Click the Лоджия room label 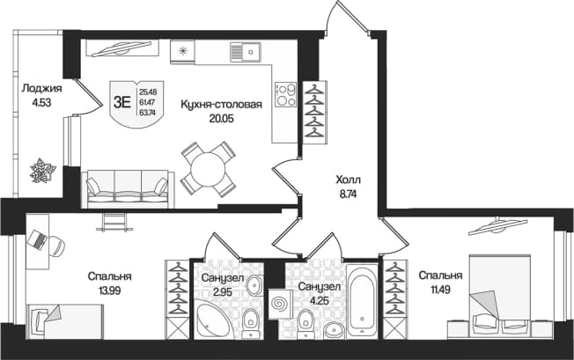pos(41,89)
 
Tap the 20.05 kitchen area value pos(222,119)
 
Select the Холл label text pos(348,180)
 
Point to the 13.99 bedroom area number pos(109,290)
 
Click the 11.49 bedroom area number pos(440,290)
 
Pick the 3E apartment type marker pos(121,102)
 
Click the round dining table pos(208,169)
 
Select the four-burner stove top pos(286,94)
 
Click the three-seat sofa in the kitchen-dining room pos(128,188)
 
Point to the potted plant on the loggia pos(43,170)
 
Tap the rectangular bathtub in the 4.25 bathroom pos(362,301)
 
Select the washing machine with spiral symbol pos(280,304)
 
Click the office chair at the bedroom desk pos(56,245)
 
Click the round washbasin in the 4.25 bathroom pos(335,330)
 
